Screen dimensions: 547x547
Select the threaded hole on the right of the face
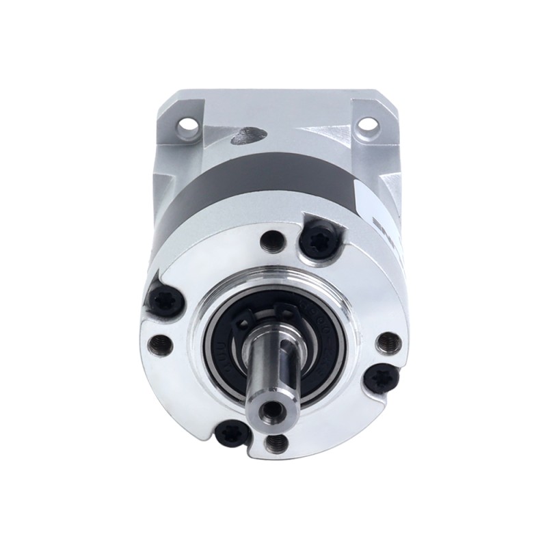pos(388,340)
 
